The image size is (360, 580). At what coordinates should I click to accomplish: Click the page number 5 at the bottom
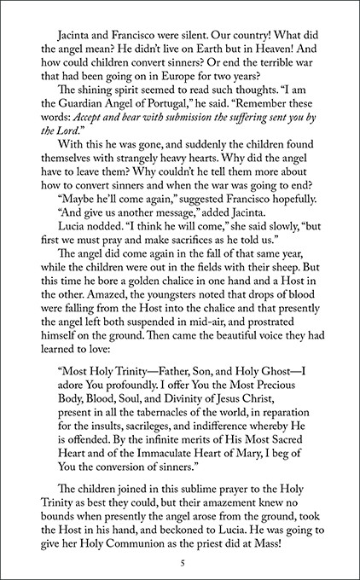point(181,540)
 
